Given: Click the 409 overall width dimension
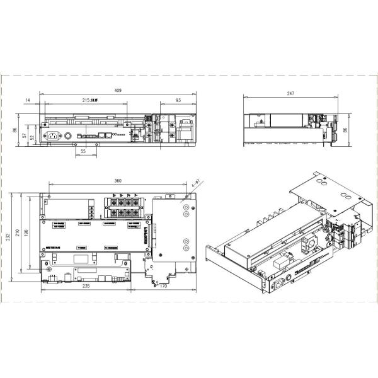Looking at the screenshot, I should (x=118, y=91).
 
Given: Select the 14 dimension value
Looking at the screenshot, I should (x=28, y=101).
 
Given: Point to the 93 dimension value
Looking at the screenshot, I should (x=178, y=101).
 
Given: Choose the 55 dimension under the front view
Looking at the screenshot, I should (x=83, y=152).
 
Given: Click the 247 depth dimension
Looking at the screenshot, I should (x=290, y=93).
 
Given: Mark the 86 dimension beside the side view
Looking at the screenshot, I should (x=345, y=130).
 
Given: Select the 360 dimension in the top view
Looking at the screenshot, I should (x=118, y=181).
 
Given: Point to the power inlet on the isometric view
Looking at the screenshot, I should (x=275, y=285).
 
